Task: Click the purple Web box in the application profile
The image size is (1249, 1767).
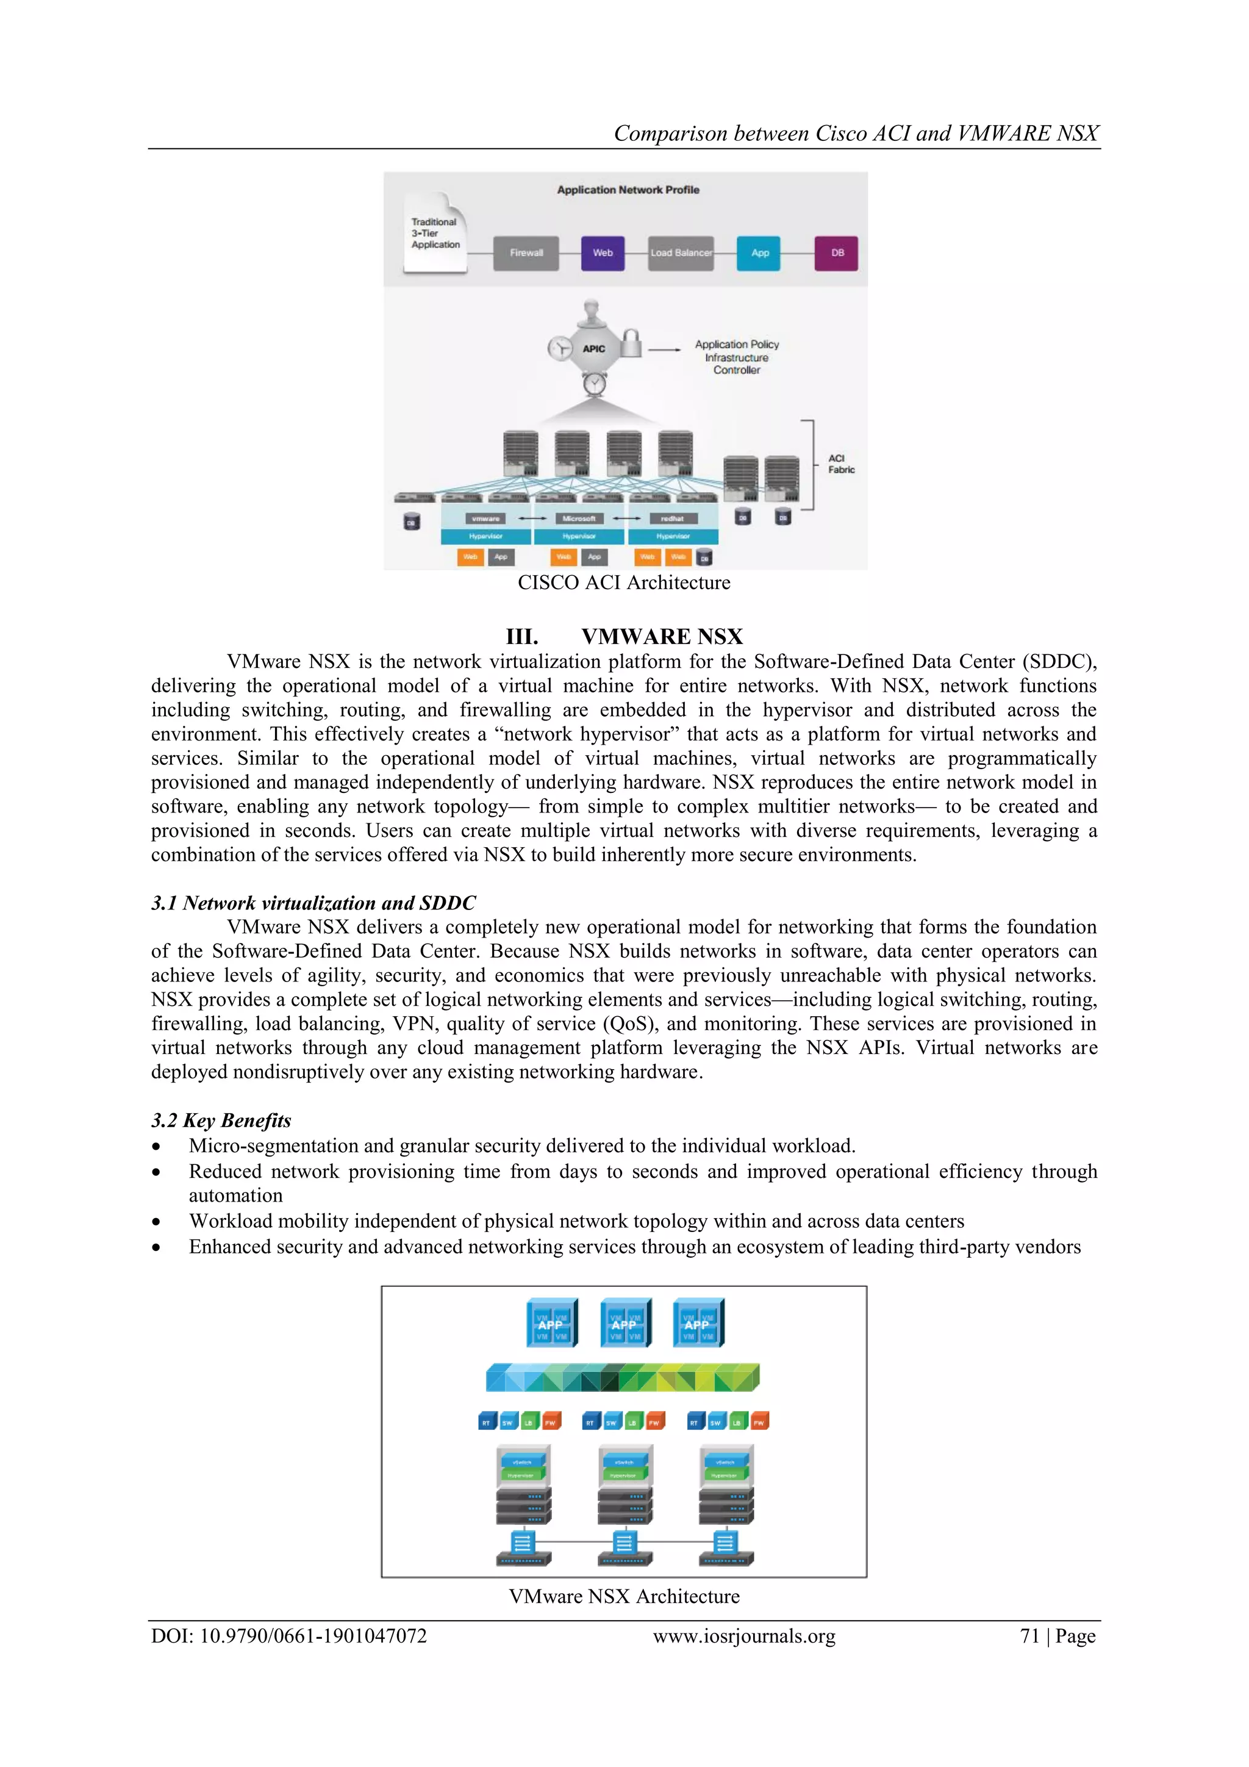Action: (x=603, y=253)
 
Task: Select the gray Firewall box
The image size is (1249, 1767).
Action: (x=526, y=253)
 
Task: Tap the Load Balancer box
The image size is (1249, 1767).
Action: (x=681, y=253)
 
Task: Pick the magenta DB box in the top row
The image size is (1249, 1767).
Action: (x=837, y=253)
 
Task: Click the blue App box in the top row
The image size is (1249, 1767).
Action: (x=759, y=253)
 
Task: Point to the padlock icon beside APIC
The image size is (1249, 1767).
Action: (x=631, y=343)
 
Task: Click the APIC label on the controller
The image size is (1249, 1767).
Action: (x=593, y=349)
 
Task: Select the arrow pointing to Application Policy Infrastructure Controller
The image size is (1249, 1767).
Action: (x=664, y=349)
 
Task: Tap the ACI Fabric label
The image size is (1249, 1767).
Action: (x=841, y=464)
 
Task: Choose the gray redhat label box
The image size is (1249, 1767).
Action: (x=672, y=518)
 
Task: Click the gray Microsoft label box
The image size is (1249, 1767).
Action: (x=579, y=518)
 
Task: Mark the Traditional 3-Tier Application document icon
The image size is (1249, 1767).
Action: (x=435, y=233)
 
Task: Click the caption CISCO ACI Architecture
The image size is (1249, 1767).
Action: (x=623, y=582)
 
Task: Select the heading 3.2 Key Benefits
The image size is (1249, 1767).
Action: (x=221, y=1120)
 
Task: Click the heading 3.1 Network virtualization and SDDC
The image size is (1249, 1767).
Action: (x=313, y=903)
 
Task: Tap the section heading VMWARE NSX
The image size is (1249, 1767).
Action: (x=661, y=636)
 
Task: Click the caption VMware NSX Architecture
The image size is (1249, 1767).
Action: (x=623, y=1596)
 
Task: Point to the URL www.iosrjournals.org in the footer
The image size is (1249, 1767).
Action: (x=743, y=1636)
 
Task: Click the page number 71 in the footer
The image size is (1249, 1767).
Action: (x=1029, y=1636)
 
